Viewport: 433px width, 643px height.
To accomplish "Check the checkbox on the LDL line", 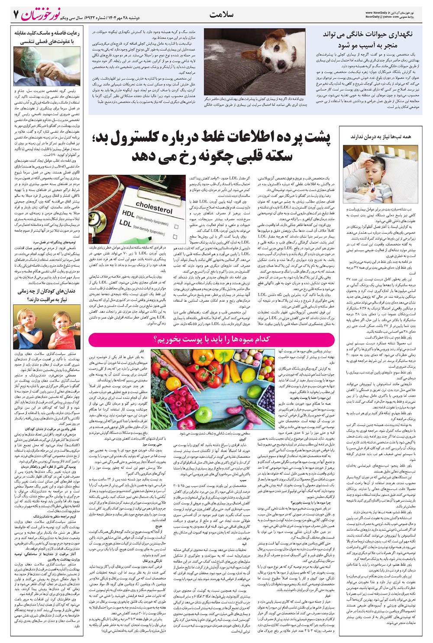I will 174,237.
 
